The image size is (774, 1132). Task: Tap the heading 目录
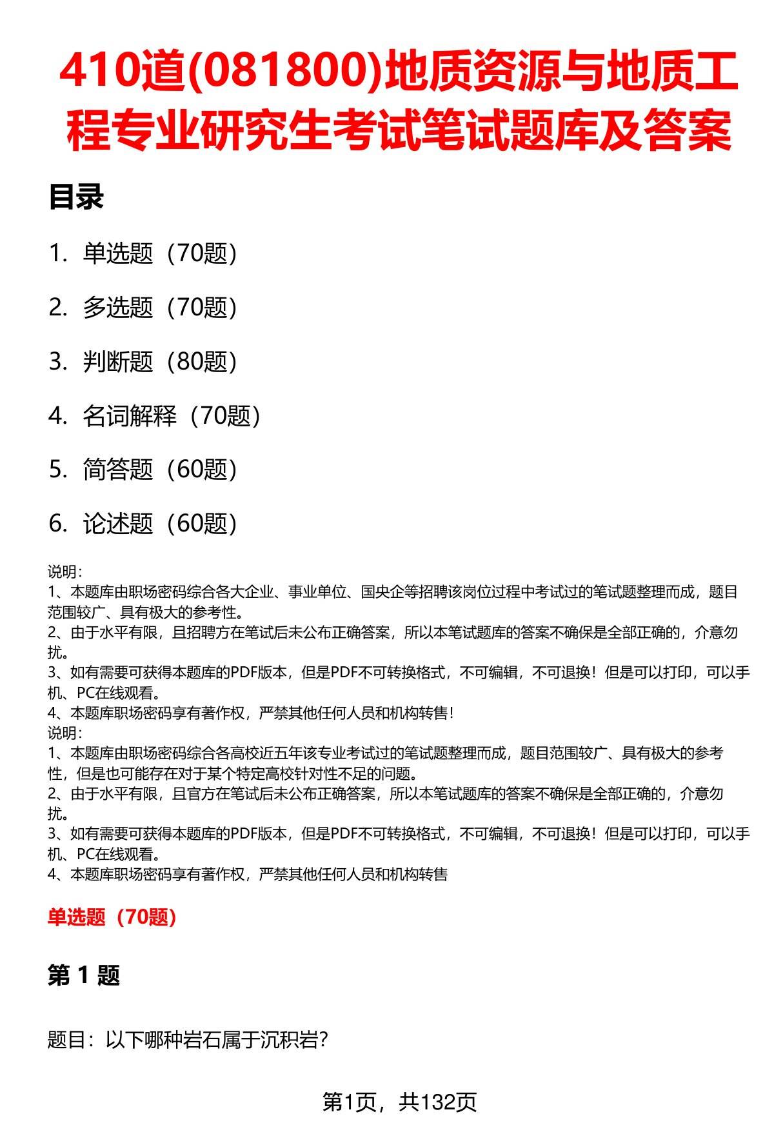pos(76,197)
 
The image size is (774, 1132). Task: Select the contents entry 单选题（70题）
pos(160,253)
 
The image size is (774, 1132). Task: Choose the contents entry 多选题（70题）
pos(160,308)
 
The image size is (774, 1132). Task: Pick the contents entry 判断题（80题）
pos(160,362)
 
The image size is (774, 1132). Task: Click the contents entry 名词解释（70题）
pos(172,416)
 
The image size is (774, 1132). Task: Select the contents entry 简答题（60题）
pos(160,470)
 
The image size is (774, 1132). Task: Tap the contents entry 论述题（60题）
pos(160,524)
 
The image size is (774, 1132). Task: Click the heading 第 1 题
pos(84,975)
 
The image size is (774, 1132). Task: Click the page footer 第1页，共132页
pos(399,1102)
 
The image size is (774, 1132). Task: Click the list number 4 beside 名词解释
pos(57,416)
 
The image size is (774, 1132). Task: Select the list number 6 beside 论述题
pos(57,524)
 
